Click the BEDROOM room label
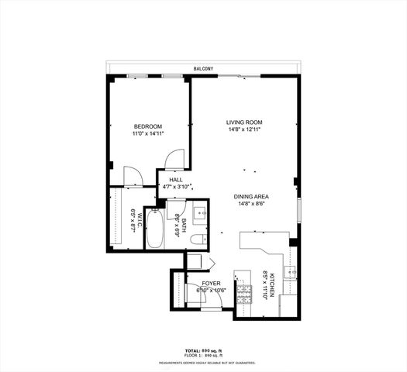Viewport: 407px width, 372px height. click(147, 126)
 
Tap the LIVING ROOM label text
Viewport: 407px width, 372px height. click(245, 122)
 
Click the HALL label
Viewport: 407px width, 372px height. click(176, 180)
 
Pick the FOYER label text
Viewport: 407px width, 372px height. click(212, 284)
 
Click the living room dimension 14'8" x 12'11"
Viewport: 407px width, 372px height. click(245, 130)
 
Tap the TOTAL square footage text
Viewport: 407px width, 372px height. click(204, 350)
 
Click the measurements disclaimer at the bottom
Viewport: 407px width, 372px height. click(204, 361)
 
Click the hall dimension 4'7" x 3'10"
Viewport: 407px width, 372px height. click(176, 187)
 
